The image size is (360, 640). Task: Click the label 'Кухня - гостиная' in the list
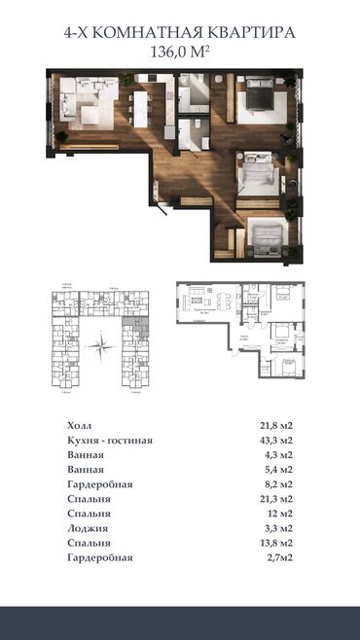click(110, 442)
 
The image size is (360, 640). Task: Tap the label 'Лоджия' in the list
click(89, 528)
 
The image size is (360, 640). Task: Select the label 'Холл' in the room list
click(83, 426)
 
